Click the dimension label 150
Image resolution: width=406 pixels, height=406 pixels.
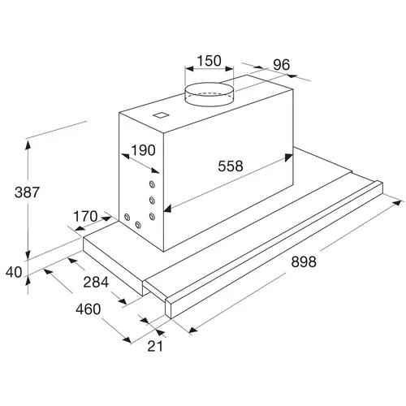click(x=209, y=61)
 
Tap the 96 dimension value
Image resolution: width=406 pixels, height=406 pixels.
click(x=282, y=64)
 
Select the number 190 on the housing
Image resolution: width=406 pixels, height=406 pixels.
click(x=143, y=150)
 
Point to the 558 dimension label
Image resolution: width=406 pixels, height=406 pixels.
click(x=231, y=166)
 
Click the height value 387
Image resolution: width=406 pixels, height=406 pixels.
click(x=27, y=192)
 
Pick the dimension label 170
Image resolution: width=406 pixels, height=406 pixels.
click(x=85, y=216)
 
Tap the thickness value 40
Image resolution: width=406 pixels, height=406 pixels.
click(x=14, y=272)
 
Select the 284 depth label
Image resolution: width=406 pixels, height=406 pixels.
click(x=96, y=282)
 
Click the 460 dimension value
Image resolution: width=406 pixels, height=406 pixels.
click(x=89, y=309)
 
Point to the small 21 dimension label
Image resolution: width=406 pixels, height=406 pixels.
click(x=155, y=346)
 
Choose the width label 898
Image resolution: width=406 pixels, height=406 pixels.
click(x=304, y=261)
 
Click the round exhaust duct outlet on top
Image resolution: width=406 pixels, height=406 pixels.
click(x=209, y=94)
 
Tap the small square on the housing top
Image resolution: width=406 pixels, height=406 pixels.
click(x=162, y=115)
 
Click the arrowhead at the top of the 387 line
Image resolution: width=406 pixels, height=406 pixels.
click(x=28, y=145)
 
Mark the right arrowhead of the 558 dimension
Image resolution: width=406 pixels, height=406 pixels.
click(x=289, y=158)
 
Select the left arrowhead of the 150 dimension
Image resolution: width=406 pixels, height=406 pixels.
click(x=189, y=68)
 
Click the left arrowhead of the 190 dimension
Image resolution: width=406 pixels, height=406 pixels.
click(x=125, y=156)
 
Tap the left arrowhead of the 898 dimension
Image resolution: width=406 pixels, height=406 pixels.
click(x=193, y=330)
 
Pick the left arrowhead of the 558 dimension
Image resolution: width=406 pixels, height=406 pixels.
click(x=168, y=209)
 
